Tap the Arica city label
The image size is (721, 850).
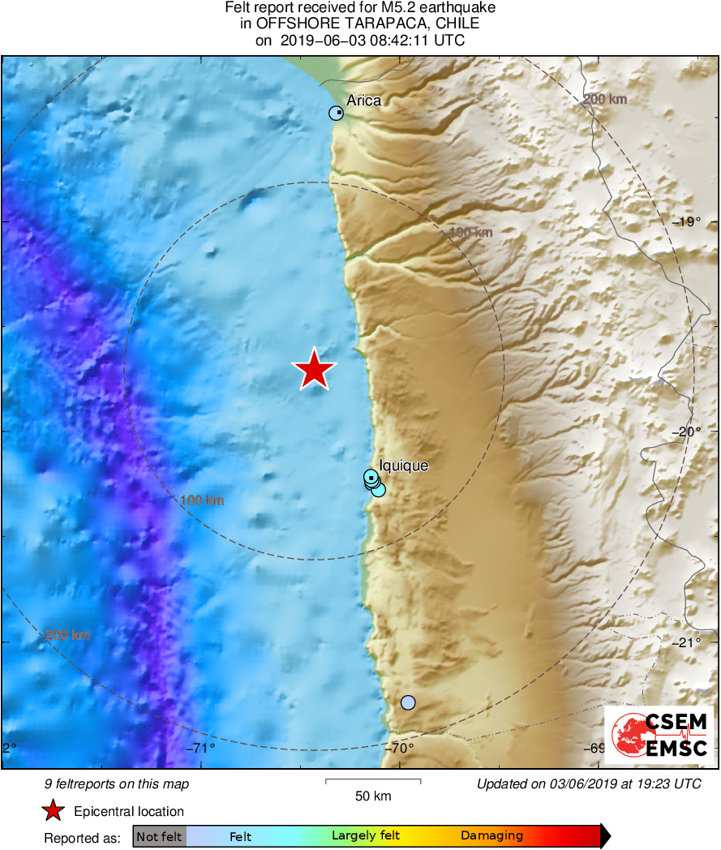[x=363, y=101]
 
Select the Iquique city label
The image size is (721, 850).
[x=403, y=466]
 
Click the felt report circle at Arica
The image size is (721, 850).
[x=336, y=114]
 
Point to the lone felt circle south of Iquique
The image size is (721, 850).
[x=408, y=702]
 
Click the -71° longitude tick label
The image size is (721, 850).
[x=201, y=748]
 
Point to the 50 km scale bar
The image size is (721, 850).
[x=373, y=781]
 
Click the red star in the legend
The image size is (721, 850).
[x=54, y=811]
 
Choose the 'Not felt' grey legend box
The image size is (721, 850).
[x=159, y=836]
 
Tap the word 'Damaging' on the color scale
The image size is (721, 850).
[x=491, y=836]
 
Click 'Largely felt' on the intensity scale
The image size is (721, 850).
[x=365, y=836]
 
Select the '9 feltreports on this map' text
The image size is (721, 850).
[x=116, y=783]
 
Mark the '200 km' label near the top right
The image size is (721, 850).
[x=605, y=100]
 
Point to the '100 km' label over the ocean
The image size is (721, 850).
[x=202, y=500]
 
